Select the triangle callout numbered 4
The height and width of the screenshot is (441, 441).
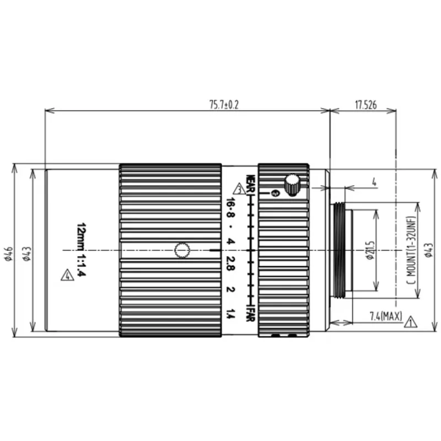tap(67, 275)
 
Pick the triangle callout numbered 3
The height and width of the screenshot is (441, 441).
tap(238, 187)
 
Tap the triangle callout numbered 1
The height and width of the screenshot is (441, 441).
tap(410, 321)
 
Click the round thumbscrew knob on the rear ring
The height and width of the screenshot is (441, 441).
tap(292, 184)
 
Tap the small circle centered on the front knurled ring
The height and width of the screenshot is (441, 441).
tap(182, 250)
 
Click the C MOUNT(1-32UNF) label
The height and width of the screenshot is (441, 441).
tap(410, 250)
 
